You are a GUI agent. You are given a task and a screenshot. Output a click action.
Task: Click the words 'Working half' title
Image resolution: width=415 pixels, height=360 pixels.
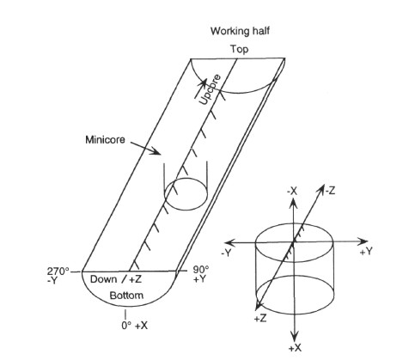pyautogui.click(x=240, y=31)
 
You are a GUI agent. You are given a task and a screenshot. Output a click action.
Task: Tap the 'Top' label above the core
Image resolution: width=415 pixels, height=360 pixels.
pyautogui.click(x=240, y=49)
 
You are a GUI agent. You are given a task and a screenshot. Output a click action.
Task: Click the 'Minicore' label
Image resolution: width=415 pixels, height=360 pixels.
pyautogui.click(x=105, y=140)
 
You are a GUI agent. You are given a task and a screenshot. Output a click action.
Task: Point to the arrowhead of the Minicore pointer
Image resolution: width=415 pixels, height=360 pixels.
pyautogui.click(x=157, y=152)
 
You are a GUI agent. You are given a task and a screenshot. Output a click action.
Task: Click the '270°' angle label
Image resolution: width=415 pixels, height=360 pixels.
pyautogui.click(x=58, y=271)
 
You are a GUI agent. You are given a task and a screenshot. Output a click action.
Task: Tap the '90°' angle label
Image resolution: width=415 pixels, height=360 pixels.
pyautogui.click(x=201, y=270)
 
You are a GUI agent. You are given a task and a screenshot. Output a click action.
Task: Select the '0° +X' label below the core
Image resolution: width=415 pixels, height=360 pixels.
pyautogui.click(x=134, y=326)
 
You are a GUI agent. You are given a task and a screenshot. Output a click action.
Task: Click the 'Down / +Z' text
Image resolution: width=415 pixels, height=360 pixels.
pyautogui.click(x=116, y=279)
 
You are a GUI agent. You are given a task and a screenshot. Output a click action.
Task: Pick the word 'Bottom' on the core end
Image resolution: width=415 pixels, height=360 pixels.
pyautogui.click(x=126, y=296)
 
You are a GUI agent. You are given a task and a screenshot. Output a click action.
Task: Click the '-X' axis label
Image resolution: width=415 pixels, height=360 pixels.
pyautogui.click(x=292, y=191)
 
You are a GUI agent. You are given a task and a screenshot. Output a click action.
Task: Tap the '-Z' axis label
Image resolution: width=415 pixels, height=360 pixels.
pyautogui.click(x=330, y=191)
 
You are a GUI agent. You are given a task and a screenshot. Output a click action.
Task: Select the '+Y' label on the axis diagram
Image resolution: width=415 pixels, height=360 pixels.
pyautogui.click(x=366, y=252)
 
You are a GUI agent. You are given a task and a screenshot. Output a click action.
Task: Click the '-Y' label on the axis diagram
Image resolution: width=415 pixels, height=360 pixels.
pyautogui.click(x=226, y=253)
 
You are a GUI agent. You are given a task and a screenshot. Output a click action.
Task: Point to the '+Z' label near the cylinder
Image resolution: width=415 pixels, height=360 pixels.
pyautogui.click(x=260, y=318)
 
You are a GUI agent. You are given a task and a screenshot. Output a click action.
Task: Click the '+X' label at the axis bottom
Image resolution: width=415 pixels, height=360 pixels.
pyautogui.click(x=295, y=348)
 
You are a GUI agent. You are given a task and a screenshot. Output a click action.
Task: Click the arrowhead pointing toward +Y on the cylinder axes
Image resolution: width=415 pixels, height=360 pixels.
pyautogui.click(x=364, y=242)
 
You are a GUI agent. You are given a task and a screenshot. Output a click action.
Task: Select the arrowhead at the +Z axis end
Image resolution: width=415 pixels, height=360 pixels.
pyautogui.click(x=258, y=306)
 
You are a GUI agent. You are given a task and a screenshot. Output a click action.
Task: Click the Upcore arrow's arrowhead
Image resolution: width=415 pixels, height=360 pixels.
pyautogui.click(x=204, y=82)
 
